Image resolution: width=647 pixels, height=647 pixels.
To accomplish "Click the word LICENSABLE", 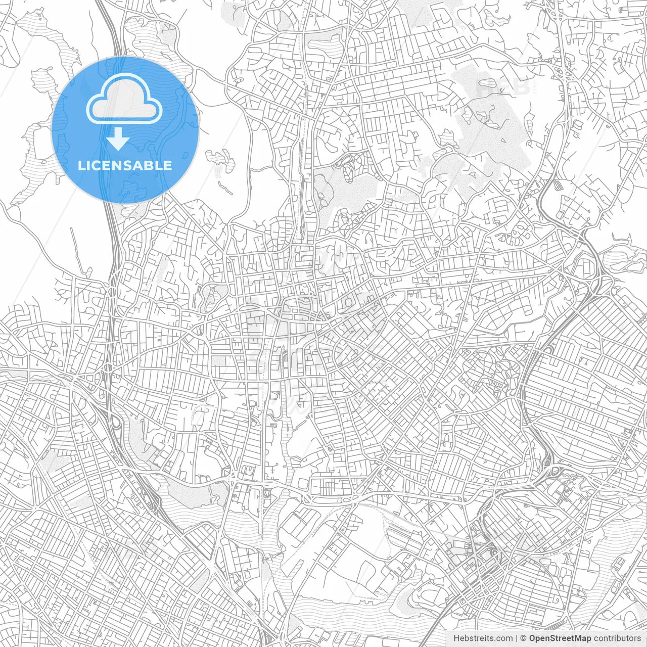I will click(125, 165).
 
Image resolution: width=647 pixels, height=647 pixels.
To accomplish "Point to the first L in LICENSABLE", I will click(81, 165).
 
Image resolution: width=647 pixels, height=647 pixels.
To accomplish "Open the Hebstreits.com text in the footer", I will click(483, 638).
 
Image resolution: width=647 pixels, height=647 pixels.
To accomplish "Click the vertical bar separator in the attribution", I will click(516, 638).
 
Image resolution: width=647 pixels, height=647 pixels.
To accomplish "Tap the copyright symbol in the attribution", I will click(524, 638).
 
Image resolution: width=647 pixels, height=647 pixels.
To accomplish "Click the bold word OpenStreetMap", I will click(560, 638).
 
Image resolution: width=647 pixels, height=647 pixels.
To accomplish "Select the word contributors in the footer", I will click(617, 638).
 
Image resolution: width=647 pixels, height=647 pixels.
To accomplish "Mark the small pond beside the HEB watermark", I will click(488, 83).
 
